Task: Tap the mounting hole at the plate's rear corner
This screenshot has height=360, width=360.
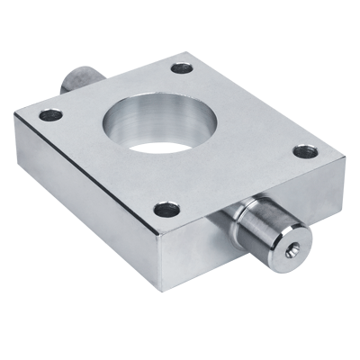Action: pyautogui.click(x=182, y=67)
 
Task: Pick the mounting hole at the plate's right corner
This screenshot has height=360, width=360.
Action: pyautogui.click(x=306, y=151)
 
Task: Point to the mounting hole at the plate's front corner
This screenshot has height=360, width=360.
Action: pyautogui.click(x=166, y=210)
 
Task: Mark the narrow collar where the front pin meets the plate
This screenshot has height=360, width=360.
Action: pyautogui.click(x=236, y=220)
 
